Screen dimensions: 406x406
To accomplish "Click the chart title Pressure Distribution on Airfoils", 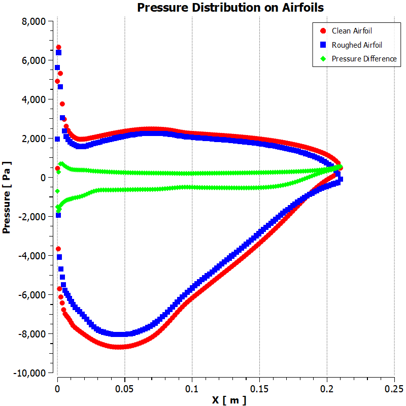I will pos(230,8).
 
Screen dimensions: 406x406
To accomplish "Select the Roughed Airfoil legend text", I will pos(357,45).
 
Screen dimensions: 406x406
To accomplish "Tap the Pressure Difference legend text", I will pos(364,59).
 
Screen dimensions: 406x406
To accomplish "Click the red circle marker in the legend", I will pos(323,31).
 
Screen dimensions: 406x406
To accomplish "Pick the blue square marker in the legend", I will pos(323,45).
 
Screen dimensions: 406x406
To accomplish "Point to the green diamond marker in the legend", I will pos(323,59).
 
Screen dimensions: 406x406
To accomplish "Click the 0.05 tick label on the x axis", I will pos(124,388).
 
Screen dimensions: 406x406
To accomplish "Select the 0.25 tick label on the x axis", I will pos(394,388).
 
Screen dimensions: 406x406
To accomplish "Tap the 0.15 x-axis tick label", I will pos(259,388).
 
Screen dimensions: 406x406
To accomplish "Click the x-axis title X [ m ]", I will pos(229,400).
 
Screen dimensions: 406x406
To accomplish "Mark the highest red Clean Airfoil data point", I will pos(58,47).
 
